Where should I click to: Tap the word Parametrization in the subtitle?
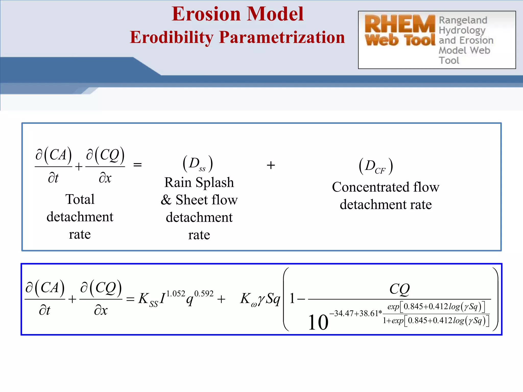pyautogui.click(x=282, y=38)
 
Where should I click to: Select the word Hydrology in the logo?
pyautogui.click(x=462, y=30)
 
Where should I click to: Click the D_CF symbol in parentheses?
pyautogui.click(x=375, y=167)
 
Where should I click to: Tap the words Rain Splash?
pyautogui.click(x=199, y=182)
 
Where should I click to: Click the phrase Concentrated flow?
pyautogui.click(x=385, y=187)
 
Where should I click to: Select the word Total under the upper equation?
pyautogui.click(x=80, y=199)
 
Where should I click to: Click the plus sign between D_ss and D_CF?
pyautogui.click(x=271, y=165)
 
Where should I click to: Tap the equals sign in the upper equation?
pyautogui.click(x=137, y=165)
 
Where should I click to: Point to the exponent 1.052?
pyautogui.click(x=176, y=294)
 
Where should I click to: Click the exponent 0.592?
pyautogui.click(x=204, y=294)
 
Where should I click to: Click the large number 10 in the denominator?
pyautogui.click(x=318, y=322)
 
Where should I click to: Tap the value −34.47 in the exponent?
pyautogui.click(x=341, y=313)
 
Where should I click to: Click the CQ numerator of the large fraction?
pyautogui.click(x=399, y=289)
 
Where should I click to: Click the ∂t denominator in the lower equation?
pyautogui.click(x=45, y=311)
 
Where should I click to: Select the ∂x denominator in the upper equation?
pyautogui.click(x=105, y=178)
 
